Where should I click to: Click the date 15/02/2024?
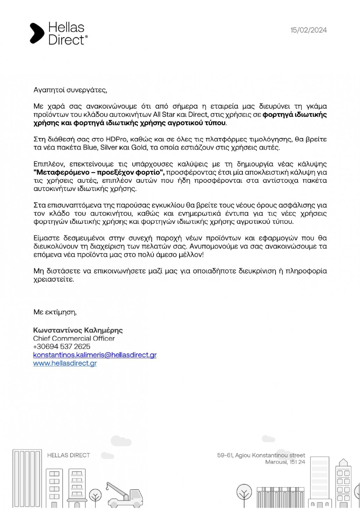[308, 30]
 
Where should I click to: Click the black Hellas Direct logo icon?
[37, 33]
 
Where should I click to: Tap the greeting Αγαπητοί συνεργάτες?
[70, 90]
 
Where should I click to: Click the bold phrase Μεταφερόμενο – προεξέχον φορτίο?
[99, 172]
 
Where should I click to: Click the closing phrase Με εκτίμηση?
[55, 312]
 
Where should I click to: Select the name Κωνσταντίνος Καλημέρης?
[78, 330]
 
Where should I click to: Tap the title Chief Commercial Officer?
[74, 338]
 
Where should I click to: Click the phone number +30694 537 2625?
[61, 346]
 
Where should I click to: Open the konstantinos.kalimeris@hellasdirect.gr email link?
[95, 355]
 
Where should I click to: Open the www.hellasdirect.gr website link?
[65, 363]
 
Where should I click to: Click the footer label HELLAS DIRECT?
[68, 456]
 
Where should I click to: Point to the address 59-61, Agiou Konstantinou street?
[261, 455]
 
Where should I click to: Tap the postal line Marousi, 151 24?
[285, 462]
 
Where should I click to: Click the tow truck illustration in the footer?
[125, 495]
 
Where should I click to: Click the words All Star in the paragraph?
[164, 115]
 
